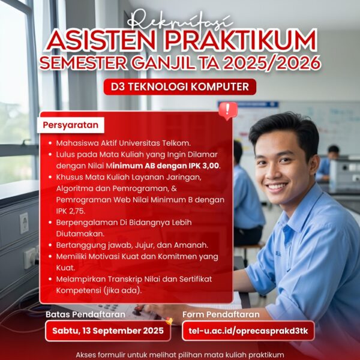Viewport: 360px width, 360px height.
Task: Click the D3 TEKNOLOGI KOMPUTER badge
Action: click(x=179, y=87)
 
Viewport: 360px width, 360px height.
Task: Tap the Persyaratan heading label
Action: click(x=71, y=125)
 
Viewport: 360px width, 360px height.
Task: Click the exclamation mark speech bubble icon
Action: click(x=227, y=110)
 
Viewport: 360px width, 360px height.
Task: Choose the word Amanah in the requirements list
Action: click(x=193, y=244)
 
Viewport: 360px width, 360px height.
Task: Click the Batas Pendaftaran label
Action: click(x=85, y=314)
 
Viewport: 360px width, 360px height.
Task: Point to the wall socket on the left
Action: click(x=24, y=223)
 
